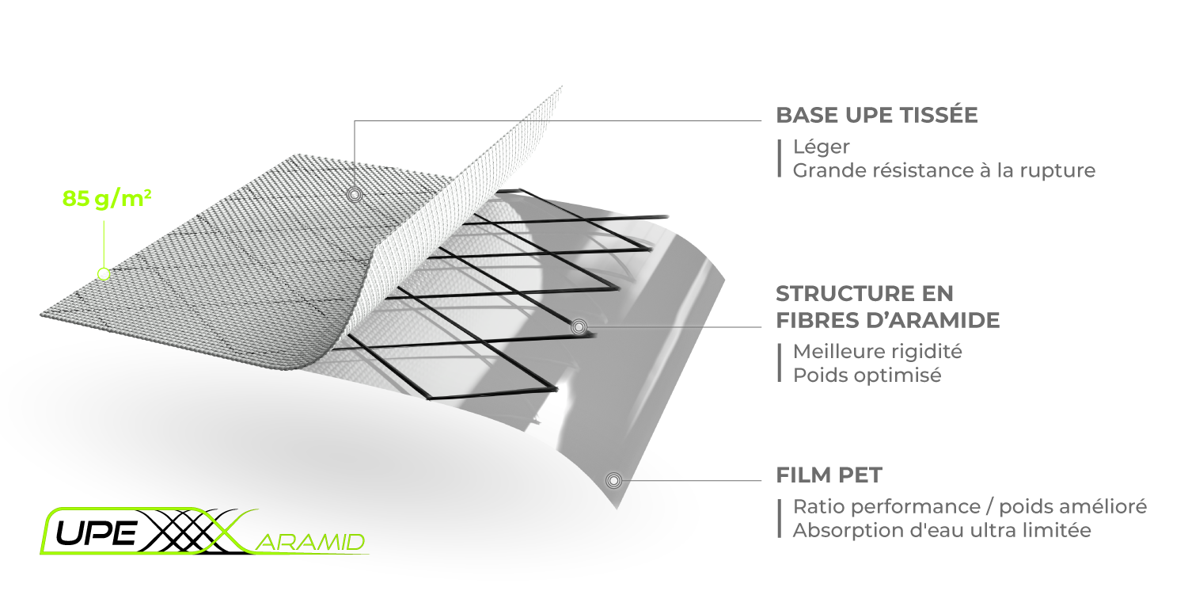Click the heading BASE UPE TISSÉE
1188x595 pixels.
(877, 115)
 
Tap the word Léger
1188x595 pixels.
(821, 147)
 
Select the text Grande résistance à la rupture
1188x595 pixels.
(944, 170)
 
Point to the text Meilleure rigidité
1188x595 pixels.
(877, 351)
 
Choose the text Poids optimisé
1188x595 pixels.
(867, 376)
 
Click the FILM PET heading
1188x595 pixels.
(829, 475)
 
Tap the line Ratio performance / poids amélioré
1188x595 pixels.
(970, 506)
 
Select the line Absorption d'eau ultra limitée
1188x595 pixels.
(942, 530)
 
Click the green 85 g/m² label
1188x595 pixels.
(107, 199)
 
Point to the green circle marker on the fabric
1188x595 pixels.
(104, 274)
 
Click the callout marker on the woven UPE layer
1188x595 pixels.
(355, 195)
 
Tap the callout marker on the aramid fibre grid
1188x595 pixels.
(579, 327)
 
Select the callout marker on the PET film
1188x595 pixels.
(613, 481)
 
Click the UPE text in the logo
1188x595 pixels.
(96, 533)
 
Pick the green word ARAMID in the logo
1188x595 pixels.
(313, 543)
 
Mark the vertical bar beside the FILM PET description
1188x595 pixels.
(779, 519)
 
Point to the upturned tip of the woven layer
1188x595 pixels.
(560, 88)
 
